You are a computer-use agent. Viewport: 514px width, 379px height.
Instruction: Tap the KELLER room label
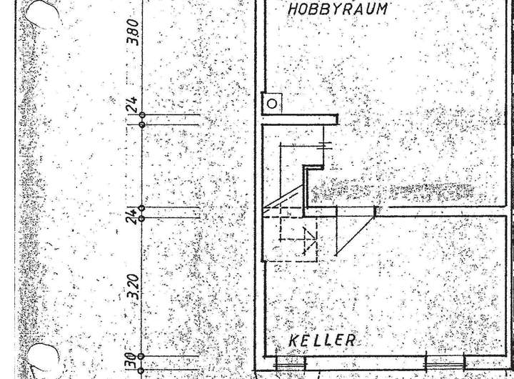point(321,340)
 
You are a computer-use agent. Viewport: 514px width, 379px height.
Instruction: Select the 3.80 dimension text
point(132,32)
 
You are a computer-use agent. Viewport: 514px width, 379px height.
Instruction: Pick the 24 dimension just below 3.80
point(131,105)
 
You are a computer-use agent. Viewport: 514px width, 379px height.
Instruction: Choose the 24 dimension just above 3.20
point(131,214)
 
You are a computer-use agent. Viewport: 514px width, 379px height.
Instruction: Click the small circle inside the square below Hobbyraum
point(272,104)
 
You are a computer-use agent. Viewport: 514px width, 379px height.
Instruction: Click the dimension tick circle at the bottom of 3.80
point(142,115)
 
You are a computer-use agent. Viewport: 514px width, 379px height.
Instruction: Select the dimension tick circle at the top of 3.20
point(142,217)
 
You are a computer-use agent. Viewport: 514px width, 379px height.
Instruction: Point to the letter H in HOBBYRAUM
point(293,9)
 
